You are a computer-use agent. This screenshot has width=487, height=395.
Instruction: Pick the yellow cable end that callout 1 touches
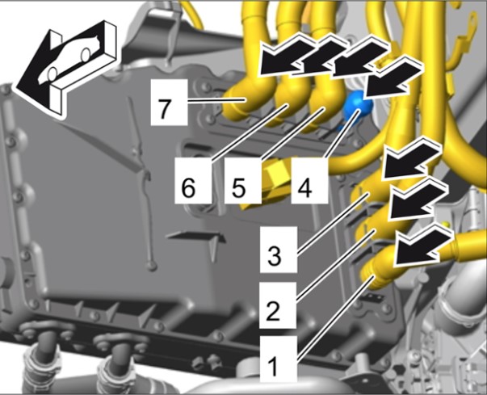pyautogui.click(x=377, y=269)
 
